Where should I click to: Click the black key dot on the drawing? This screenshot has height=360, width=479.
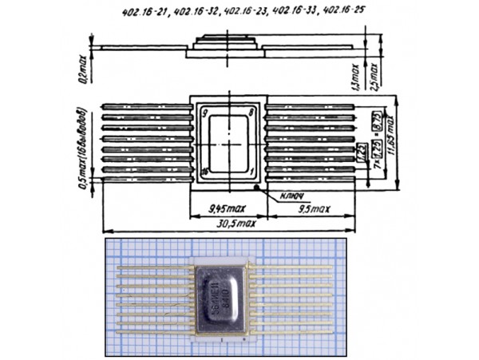(x=255, y=188)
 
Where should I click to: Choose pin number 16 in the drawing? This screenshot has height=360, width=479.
(x=206, y=172)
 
